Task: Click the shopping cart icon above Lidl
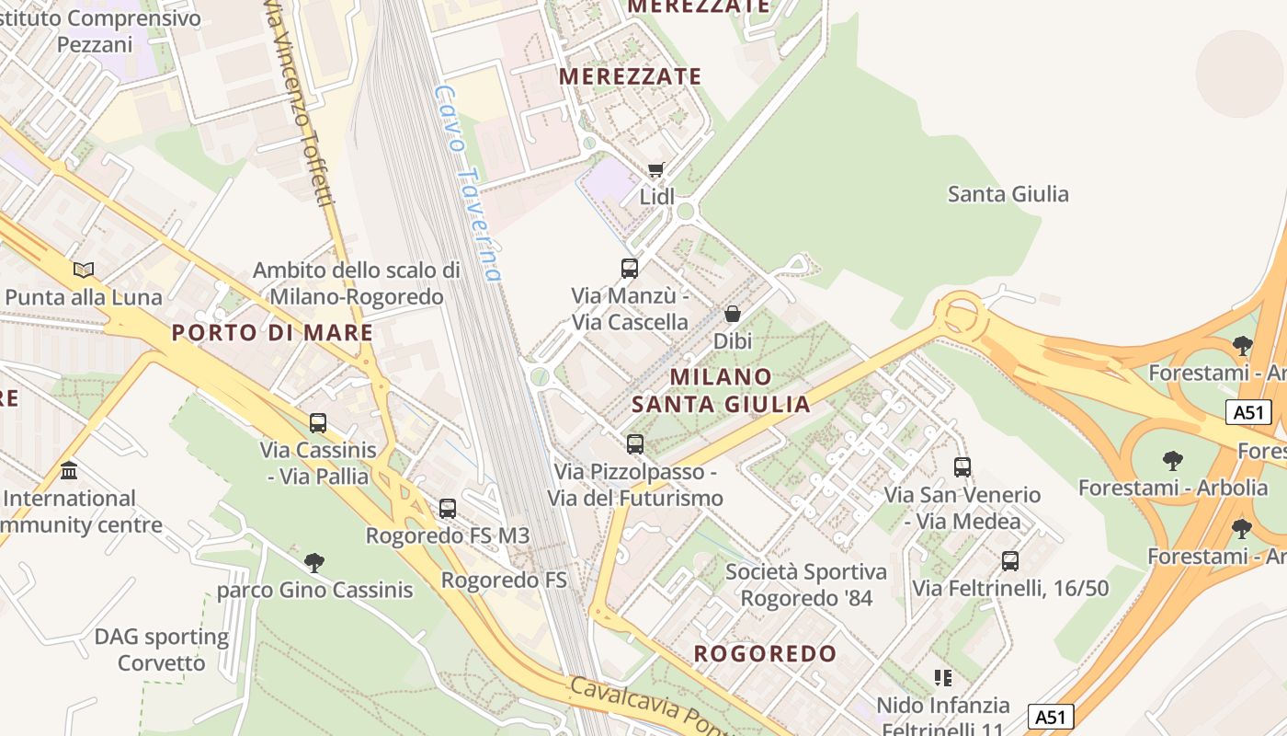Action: tap(655, 169)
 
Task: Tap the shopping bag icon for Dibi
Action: tap(733, 314)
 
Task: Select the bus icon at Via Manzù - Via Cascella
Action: tap(630, 269)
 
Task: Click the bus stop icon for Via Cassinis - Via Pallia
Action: tap(318, 423)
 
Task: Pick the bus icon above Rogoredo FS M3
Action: tap(448, 508)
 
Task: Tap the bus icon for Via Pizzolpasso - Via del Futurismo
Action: tap(635, 444)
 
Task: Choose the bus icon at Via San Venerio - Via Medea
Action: tap(962, 467)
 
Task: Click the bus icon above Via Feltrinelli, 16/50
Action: tap(1010, 561)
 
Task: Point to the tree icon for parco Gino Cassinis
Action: tap(314, 562)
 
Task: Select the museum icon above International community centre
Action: tap(69, 471)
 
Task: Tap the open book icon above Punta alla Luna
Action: tap(84, 270)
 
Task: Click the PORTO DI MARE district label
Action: tap(273, 333)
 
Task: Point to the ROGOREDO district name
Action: tap(766, 654)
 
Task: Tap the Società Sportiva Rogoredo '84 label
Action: tap(806, 585)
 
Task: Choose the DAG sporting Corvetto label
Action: tap(162, 650)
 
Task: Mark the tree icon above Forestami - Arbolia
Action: tap(1172, 459)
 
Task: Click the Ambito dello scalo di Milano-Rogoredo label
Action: tap(357, 283)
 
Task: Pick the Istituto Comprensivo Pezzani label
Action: tap(101, 30)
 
